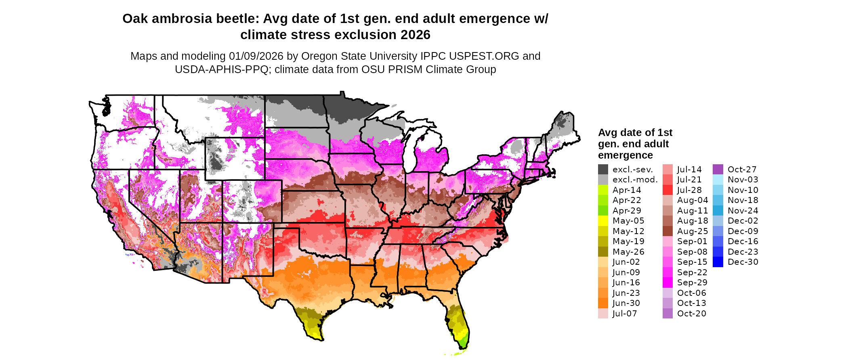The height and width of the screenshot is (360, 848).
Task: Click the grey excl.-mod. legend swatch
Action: pyautogui.click(x=603, y=180)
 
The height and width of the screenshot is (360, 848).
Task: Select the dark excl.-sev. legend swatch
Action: pyautogui.click(x=603, y=170)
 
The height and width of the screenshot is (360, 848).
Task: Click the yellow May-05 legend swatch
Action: pyautogui.click(x=603, y=221)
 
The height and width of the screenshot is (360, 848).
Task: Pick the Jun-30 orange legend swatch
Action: pyautogui.click(x=603, y=303)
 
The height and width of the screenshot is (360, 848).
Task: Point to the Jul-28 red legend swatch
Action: pyautogui.click(x=667, y=190)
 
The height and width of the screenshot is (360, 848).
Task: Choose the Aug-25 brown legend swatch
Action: pyautogui.click(x=667, y=231)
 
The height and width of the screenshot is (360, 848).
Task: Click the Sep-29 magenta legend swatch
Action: pyautogui.click(x=667, y=283)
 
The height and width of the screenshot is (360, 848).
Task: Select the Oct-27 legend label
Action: pyautogui.click(x=742, y=170)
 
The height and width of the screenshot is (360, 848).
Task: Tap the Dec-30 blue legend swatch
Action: pyautogui.click(x=718, y=262)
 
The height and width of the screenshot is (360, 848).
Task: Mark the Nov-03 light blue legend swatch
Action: pyautogui.click(x=718, y=180)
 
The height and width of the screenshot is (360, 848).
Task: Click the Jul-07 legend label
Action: pyautogui.click(x=625, y=314)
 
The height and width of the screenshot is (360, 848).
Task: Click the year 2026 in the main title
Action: pyautogui.click(x=416, y=35)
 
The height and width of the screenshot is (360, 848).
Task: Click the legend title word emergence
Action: pyautogui.click(x=626, y=155)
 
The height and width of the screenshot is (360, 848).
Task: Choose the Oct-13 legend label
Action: pyautogui.click(x=691, y=303)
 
